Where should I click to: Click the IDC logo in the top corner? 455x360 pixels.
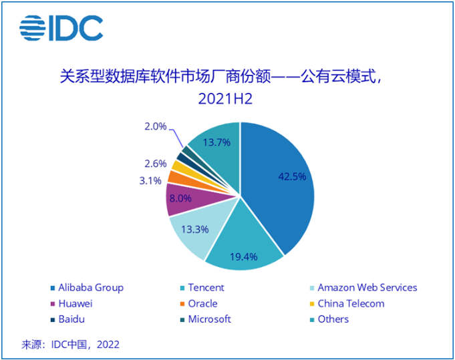[x=61, y=27]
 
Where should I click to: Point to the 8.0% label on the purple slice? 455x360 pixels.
[x=182, y=198]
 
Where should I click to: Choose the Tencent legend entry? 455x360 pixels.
[x=204, y=288]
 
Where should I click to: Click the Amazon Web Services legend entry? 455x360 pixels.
[x=366, y=288]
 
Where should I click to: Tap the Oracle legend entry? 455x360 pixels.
[x=201, y=303]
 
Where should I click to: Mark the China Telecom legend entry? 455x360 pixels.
[x=349, y=303]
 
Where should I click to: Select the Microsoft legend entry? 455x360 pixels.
[x=208, y=319]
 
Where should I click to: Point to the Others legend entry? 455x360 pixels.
[x=332, y=319]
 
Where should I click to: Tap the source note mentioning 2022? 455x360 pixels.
[x=71, y=345]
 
